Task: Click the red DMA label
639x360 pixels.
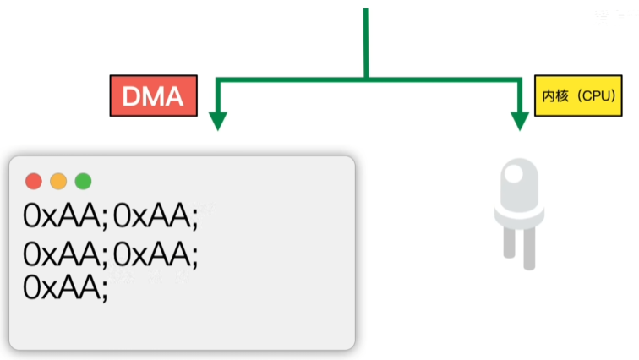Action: point(153,96)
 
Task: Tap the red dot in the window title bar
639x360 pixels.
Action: point(34,181)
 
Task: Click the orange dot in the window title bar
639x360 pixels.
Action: point(58,181)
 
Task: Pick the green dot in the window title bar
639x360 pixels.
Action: point(83,181)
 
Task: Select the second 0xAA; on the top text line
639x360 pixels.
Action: point(156,217)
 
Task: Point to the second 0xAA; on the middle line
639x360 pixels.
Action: point(156,253)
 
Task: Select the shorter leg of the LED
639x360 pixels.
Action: point(509,242)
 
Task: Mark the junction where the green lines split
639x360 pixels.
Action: point(367,79)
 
